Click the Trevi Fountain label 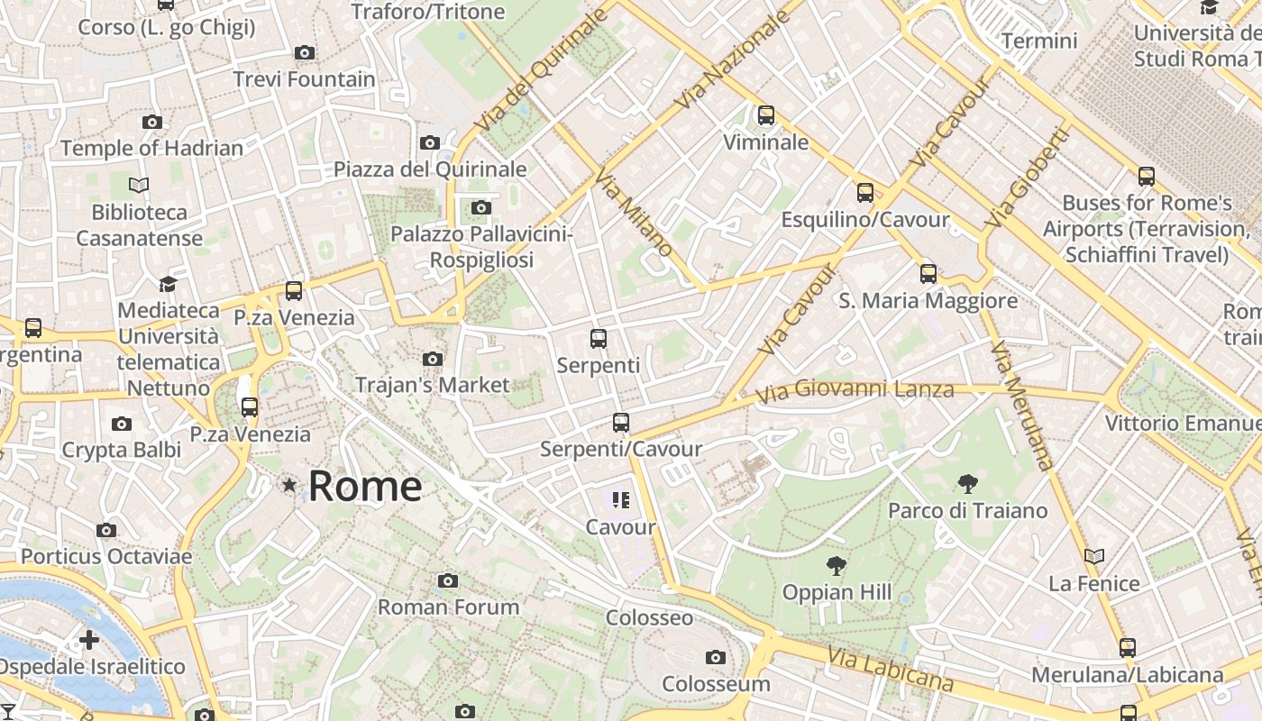tap(304, 79)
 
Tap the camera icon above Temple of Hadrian tap(151, 122)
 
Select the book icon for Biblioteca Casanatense tap(138, 186)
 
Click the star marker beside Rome tap(289, 485)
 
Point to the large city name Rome tap(365, 487)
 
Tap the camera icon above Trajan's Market tap(433, 359)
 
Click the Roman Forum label tap(448, 607)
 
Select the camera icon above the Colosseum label tap(716, 657)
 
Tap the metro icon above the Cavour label tap(620, 499)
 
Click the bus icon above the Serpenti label tap(598, 339)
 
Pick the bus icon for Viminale tap(765, 115)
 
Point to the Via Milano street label tap(635, 214)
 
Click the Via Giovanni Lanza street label tap(854, 391)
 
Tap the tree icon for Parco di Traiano tap(968, 484)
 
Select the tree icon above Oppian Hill tap(837, 566)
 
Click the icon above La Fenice tap(1094, 557)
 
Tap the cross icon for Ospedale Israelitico tap(89, 640)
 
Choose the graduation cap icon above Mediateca tap(168, 284)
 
